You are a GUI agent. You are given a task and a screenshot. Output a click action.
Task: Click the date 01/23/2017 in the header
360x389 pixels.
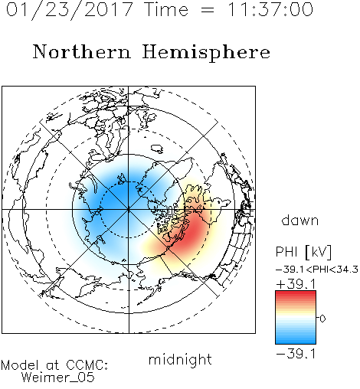[x=70, y=10]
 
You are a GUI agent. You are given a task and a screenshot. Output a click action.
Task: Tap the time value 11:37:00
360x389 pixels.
[x=270, y=10]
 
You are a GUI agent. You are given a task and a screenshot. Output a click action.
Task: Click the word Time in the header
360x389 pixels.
[x=166, y=10]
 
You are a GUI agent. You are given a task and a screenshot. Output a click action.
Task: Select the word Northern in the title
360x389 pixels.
[x=82, y=51]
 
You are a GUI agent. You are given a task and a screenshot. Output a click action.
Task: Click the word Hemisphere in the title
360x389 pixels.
[x=206, y=53]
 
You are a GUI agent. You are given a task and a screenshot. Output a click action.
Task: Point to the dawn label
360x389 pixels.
[x=300, y=220]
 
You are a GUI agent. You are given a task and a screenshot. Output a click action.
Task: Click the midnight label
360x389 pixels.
[x=180, y=360]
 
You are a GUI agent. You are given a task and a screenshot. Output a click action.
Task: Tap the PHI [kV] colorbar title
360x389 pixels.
[x=303, y=252]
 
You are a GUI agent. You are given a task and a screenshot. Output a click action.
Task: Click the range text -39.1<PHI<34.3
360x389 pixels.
[x=317, y=270]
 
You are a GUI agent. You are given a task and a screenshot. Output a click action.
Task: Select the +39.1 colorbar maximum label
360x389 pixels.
[x=296, y=284]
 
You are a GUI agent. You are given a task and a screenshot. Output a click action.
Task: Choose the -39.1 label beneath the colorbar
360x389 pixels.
[x=296, y=354]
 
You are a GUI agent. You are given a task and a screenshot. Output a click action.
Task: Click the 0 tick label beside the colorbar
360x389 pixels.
[x=322, y=319]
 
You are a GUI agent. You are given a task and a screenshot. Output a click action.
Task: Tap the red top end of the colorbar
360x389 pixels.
[x=296, y=293]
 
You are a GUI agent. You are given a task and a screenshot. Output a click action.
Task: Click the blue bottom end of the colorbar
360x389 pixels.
[x=296, y=342]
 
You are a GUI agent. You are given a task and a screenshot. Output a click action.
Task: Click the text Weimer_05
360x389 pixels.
[x=57, y=378]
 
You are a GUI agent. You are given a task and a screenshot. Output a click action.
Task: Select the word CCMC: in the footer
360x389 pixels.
[x=87, y=365]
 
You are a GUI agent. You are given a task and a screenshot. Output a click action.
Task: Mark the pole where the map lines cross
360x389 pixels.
[x=129, y=210]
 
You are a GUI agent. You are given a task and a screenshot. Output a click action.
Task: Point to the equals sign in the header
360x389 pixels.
[x=208, y=11]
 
